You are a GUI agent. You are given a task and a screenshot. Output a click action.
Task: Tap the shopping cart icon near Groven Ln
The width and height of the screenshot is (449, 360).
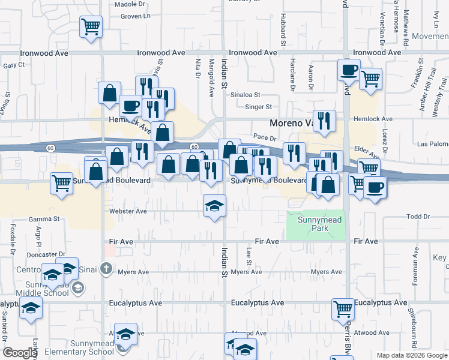click(x=91, y=26)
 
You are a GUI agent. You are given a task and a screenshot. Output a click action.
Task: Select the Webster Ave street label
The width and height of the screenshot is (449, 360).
click(x=128, y=211)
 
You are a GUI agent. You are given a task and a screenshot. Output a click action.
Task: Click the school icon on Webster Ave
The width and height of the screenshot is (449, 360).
click(x=214, y=206)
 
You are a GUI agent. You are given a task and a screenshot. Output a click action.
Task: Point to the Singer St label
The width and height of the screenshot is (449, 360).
click(x=259, y=107)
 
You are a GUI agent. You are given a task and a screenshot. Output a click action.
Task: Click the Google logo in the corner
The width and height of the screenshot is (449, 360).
click(x=20, y=353)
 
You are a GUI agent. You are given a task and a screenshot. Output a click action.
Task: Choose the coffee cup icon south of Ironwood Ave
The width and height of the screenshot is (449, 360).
click(x=348, y=70)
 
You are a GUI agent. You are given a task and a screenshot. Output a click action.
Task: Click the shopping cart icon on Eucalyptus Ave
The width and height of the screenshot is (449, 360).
click(x=343, y=309)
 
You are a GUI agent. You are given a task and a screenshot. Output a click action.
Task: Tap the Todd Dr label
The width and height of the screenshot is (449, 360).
click(x=415, y=217)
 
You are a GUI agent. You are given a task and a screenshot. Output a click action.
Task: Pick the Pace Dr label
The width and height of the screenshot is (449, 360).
click(x=264, y=137)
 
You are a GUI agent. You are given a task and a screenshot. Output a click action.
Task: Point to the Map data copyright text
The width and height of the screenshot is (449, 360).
click(x=411, y=355)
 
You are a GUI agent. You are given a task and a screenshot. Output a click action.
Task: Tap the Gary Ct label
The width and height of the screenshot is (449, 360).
click(x=13, y=65)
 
